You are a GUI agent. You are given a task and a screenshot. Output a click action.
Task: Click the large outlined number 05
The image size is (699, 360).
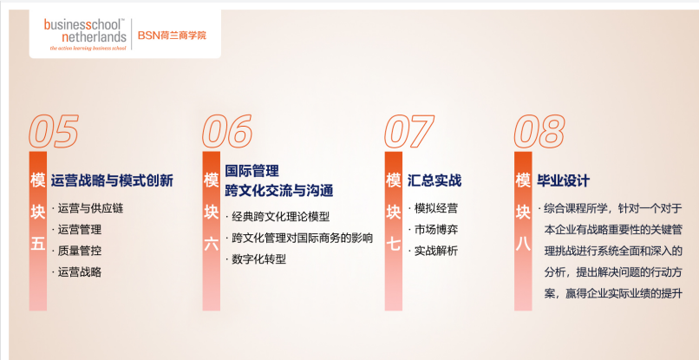coord(54,132)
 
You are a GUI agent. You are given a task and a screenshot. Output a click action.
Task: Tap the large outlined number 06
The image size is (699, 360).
coord(227,132)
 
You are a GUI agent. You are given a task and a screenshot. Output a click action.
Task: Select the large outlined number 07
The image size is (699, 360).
coord(408,132)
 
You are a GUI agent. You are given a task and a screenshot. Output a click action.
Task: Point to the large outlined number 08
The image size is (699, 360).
coord(540,132)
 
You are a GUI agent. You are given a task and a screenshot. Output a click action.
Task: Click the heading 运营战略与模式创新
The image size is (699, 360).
coord(112,180)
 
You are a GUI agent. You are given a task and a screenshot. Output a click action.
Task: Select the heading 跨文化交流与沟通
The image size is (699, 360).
coord(278,189)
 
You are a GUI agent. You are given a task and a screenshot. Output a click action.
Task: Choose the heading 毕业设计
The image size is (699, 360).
coord(564,180)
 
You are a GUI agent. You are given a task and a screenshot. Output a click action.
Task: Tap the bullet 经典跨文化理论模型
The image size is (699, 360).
coord(281,216)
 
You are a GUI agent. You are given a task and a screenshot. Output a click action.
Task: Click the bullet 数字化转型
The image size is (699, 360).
coord(258,259)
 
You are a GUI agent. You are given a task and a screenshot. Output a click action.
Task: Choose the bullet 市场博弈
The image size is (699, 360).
coord(435,230)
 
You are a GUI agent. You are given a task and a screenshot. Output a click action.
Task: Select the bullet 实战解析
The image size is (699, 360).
coord(435,251)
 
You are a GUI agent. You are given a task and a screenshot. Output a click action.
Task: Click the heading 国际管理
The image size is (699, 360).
coord(252,171)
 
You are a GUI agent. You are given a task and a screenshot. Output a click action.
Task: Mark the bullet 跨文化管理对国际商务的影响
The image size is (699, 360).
coord(301,238)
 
